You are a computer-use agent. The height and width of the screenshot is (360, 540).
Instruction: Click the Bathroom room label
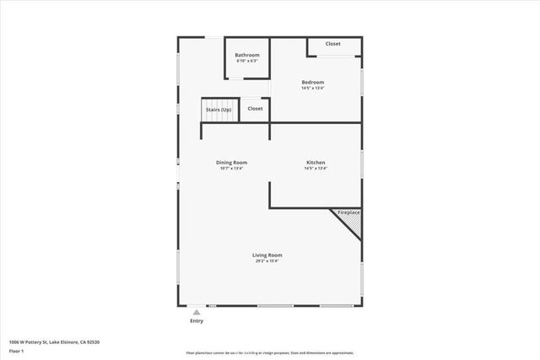coord(247,55)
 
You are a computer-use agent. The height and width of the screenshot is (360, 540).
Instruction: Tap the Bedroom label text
coord(313,82)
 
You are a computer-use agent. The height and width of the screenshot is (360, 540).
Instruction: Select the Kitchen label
coord(316,163)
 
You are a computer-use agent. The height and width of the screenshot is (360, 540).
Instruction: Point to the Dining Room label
coord(231,163)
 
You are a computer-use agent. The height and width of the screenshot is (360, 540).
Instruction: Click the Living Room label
coord(267,255)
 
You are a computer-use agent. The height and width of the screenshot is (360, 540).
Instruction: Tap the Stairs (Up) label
coord(219,110)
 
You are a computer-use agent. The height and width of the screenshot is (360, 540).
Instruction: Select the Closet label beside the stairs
coord(255,109)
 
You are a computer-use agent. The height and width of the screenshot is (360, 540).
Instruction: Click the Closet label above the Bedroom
coord(333,44)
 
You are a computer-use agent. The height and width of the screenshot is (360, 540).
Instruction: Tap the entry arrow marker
coord(197,312)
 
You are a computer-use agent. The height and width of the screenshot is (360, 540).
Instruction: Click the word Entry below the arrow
coord(197,321)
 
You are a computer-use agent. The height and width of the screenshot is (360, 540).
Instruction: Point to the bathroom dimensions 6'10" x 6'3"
coord(247,61)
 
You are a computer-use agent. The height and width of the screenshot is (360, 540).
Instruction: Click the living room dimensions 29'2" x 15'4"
coord(267,261)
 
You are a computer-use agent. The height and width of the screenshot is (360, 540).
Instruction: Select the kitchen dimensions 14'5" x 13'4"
coord(316,169)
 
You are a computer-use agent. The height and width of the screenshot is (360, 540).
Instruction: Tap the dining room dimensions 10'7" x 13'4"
coord(231,169)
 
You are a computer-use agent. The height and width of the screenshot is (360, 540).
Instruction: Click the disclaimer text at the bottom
coord(270,352)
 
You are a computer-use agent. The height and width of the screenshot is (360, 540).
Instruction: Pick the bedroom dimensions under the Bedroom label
coord(313,88)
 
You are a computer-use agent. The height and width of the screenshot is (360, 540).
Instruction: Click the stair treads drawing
coord(219,116)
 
